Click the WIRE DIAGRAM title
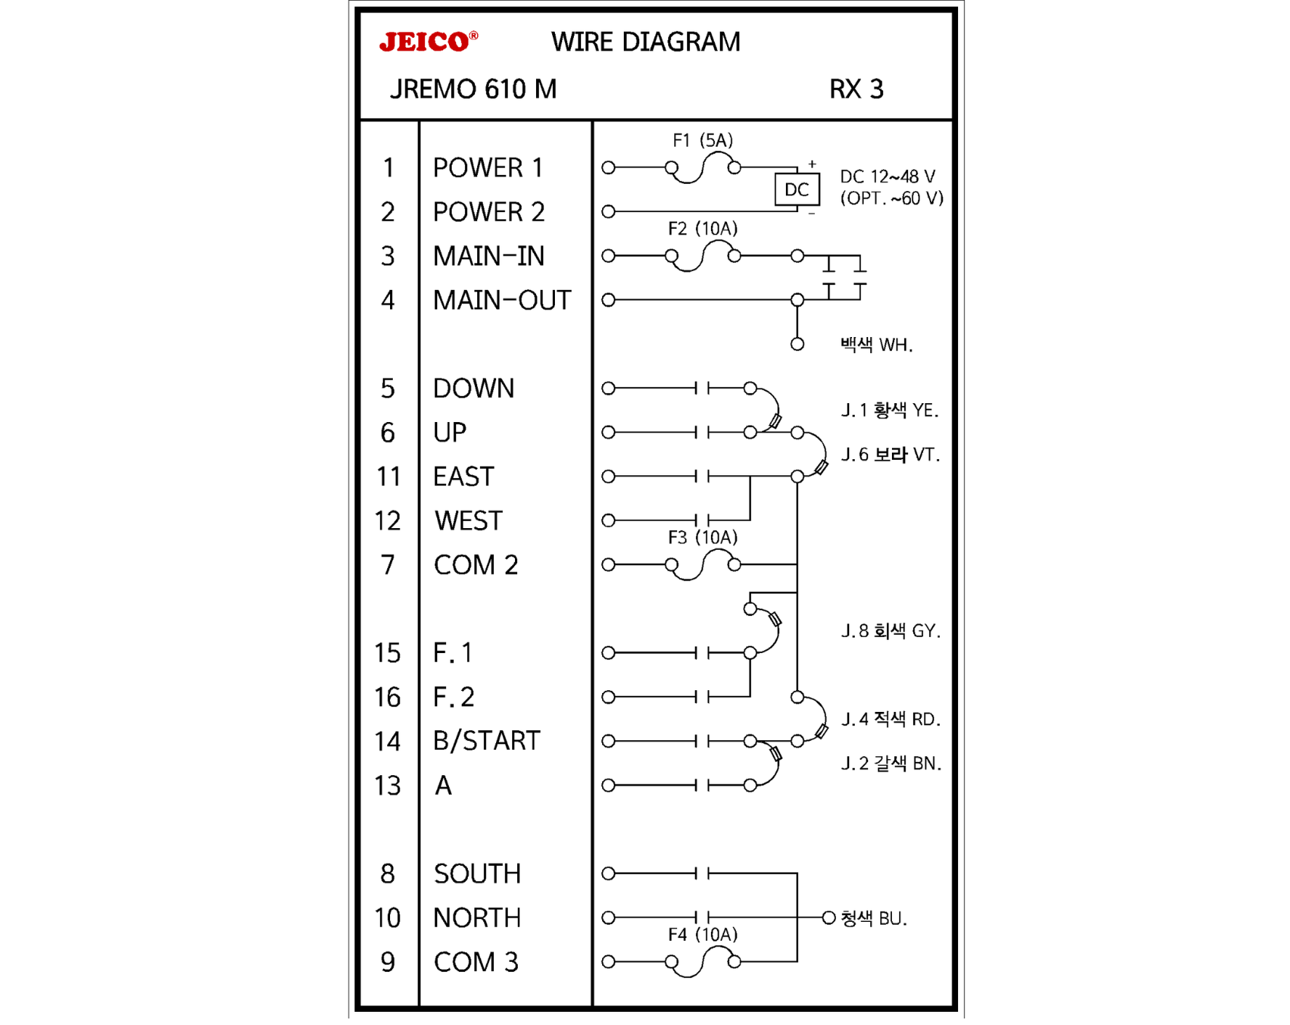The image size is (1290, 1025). tap(645, 42)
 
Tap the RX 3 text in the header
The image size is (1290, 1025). tap(856, 89)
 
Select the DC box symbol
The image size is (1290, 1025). tap(796, 190)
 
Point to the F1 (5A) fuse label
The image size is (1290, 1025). tap(702, 140)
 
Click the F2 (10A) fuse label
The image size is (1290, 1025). tap(702, 229)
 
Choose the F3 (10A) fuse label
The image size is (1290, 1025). tap(702, 538)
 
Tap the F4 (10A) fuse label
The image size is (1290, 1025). tap(702, 934)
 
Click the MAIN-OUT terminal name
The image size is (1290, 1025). tap(501, 300)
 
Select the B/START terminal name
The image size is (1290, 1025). tap(486, 741)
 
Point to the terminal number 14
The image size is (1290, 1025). tap(387, 742)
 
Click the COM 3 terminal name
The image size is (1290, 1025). tap(476, 962)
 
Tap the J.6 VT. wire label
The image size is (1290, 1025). tap(890, 455)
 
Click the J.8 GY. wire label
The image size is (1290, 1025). tap(890, 631)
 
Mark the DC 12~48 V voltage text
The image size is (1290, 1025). tap(887, 177)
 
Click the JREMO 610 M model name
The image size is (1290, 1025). tap(473, 89)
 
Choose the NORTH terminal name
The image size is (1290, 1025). tap(476, 918)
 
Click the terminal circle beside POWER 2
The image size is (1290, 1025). tap(609, 211)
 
